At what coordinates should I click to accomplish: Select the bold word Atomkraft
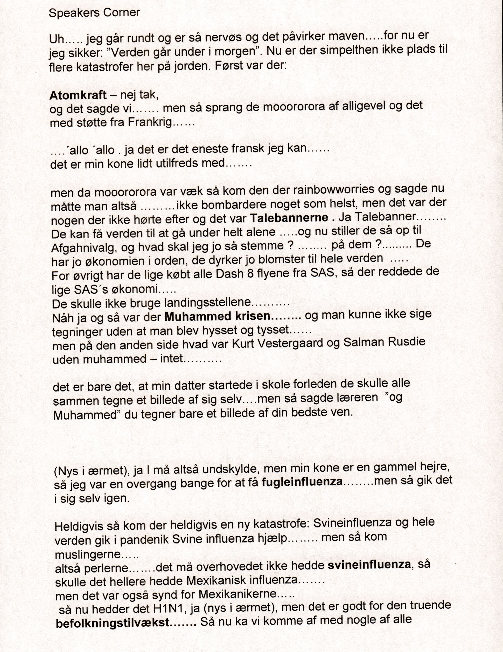click(78, 95)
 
